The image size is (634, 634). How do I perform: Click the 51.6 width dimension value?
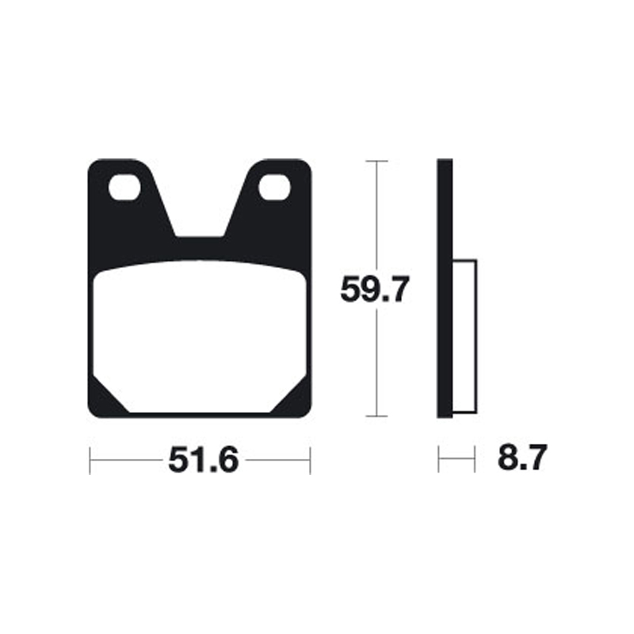pos(202,460)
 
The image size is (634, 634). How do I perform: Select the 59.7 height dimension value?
pos(375,290)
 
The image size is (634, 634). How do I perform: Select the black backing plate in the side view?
pos(445,289)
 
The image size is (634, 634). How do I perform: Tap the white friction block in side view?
pos(464,337)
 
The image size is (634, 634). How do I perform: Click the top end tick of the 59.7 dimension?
pos(376,161)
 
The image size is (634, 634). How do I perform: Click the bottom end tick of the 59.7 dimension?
pos(376,416)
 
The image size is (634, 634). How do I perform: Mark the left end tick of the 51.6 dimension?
pos(90,460)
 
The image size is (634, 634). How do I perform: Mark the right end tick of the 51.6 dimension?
pos(310,460)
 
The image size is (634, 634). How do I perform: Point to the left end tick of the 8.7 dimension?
pos(439,460)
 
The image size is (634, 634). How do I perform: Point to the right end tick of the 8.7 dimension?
pos(475,460)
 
